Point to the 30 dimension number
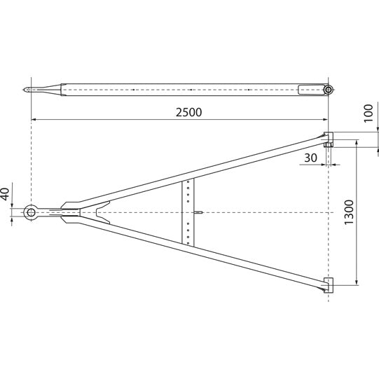(x=310, y=158)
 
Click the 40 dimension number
(x=6, y=193)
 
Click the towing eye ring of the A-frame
(x=32, y=212)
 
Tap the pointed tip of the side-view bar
(x=26, y=90)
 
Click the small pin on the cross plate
(x=199, y=212)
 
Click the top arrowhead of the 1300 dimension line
(x=358, y=142)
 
